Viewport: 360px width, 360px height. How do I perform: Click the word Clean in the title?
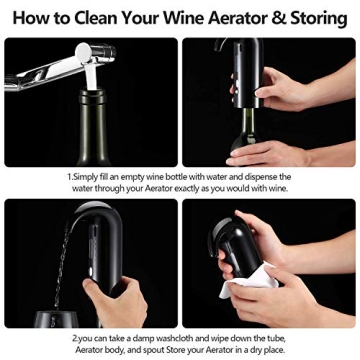point(108,17)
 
